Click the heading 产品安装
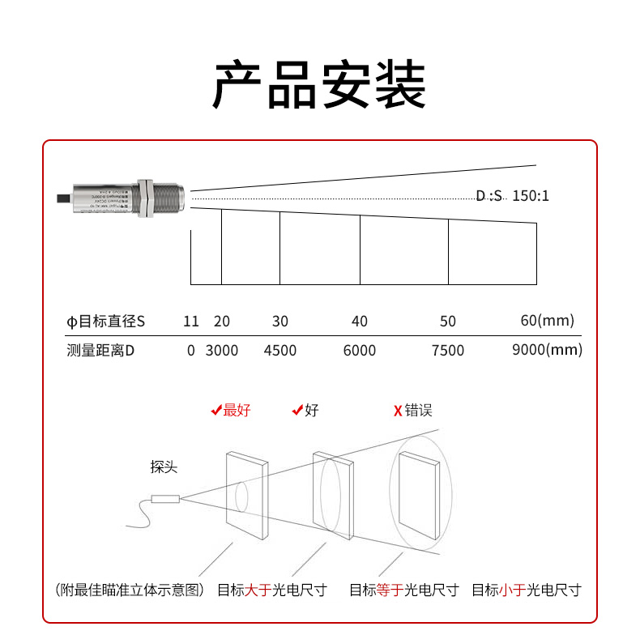(319, 84)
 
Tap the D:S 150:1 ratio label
(512, 196)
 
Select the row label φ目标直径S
(105, 322)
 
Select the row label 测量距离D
(100, 351)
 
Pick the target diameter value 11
(191, 322)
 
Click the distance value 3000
(221, 351)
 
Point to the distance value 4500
(280, 351)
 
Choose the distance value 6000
(360, 351)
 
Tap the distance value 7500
(448, 351)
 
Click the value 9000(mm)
(548, 350)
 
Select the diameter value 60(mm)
(547, 321)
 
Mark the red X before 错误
(398, 411)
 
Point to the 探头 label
(164, 467)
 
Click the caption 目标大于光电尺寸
(271, 590)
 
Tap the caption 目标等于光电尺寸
(403, 590)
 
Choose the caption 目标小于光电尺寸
(527, 590)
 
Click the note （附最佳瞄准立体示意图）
(130, 590)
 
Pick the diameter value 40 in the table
(360, 322)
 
